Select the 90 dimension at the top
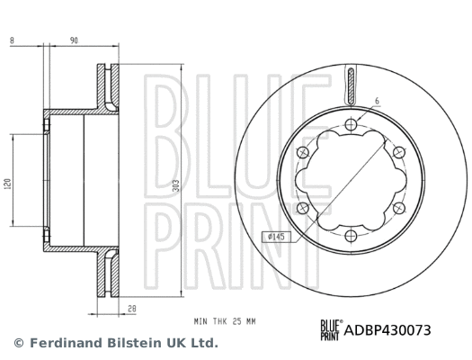(74, 40)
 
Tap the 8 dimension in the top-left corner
(11, 40)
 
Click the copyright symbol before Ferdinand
(18, 343)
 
